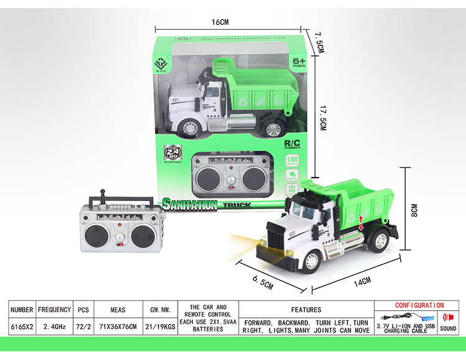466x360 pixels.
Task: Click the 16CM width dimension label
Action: click(x=221, y=22)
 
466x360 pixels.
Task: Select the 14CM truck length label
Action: click(x=362, y=281)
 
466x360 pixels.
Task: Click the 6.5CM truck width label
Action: click(x=263, y=283)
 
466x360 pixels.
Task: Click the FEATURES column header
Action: click(x=306, y=309)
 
